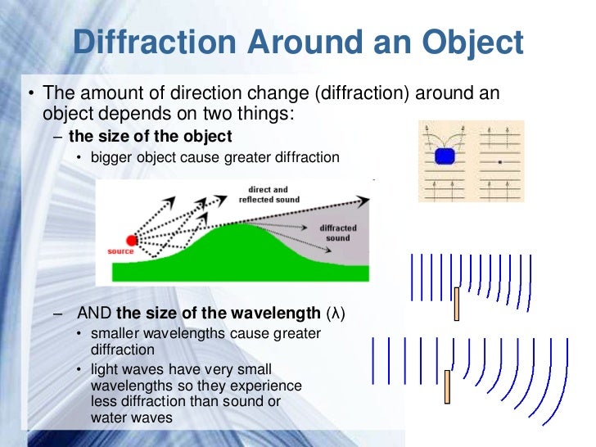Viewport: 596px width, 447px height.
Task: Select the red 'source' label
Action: [x=120, y=251]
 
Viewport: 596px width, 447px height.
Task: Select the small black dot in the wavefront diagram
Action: [x=499, y=163]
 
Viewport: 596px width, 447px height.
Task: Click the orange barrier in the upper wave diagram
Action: [x=457, y=303]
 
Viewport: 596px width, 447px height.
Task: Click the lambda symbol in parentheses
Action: [x=336, y=314]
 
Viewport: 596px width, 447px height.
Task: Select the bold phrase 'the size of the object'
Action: [x=151, y=136]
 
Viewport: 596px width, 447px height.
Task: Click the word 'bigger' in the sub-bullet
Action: [x=112, y=157]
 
